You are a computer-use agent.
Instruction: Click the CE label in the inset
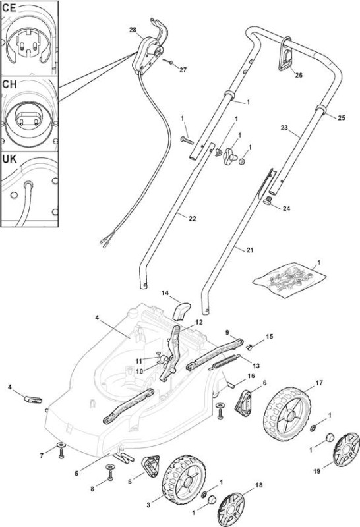click(9, 7)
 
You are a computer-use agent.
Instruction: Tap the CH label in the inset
click(9, 84)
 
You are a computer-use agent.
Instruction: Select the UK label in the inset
click(9, 159)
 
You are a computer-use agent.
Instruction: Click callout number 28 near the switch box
click(133, 30)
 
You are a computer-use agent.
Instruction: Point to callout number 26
click(299, 75)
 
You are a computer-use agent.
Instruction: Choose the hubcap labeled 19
click(346, 450)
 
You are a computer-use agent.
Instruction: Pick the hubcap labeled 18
click(231, 508)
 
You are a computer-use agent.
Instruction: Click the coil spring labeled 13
click(225, 362)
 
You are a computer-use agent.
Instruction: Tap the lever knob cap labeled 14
click(181, 311)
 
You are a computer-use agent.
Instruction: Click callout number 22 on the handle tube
click(192, 219)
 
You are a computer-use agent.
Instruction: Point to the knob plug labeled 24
click(268, 201)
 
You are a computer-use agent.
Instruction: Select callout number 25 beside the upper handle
click(342, 118)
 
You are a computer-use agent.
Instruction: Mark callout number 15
click(270, 337)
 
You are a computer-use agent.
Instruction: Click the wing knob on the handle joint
click(229, 156)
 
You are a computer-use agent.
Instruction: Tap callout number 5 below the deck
click(76, 474)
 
